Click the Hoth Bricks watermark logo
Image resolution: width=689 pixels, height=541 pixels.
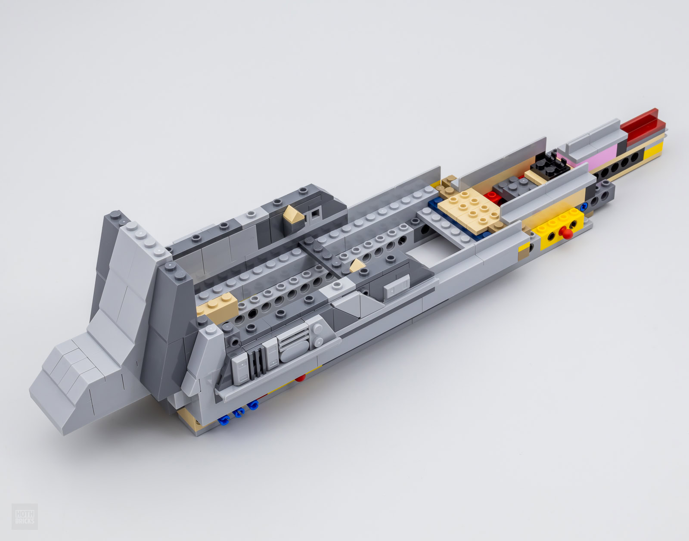(x=25, y=516)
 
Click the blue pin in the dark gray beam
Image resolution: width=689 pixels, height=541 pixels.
(x=583, y=206)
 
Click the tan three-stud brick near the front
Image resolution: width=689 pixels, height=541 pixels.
(x=217, y=304)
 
